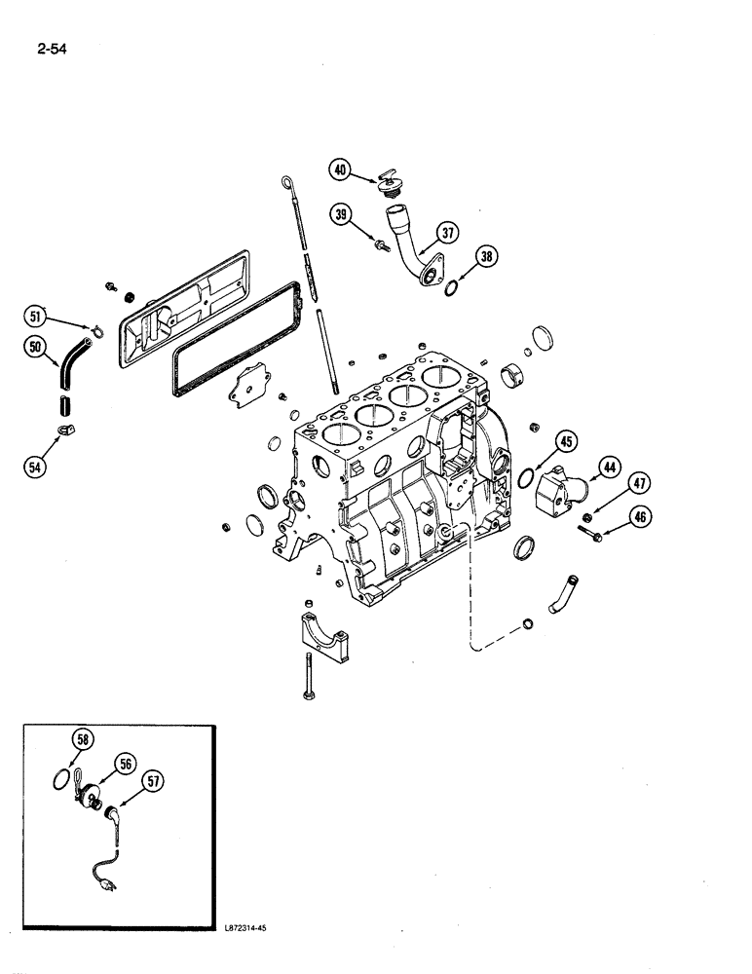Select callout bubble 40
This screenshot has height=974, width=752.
[x=339, y=169]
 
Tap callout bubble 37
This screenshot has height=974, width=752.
[x=448, y=232]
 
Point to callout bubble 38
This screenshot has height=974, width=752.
[x=487, y=257]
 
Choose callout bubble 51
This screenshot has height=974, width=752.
[x=36, y=315]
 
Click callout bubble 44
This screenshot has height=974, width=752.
[x=609, y=468]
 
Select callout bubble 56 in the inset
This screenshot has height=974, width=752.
[x=124, y=764]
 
